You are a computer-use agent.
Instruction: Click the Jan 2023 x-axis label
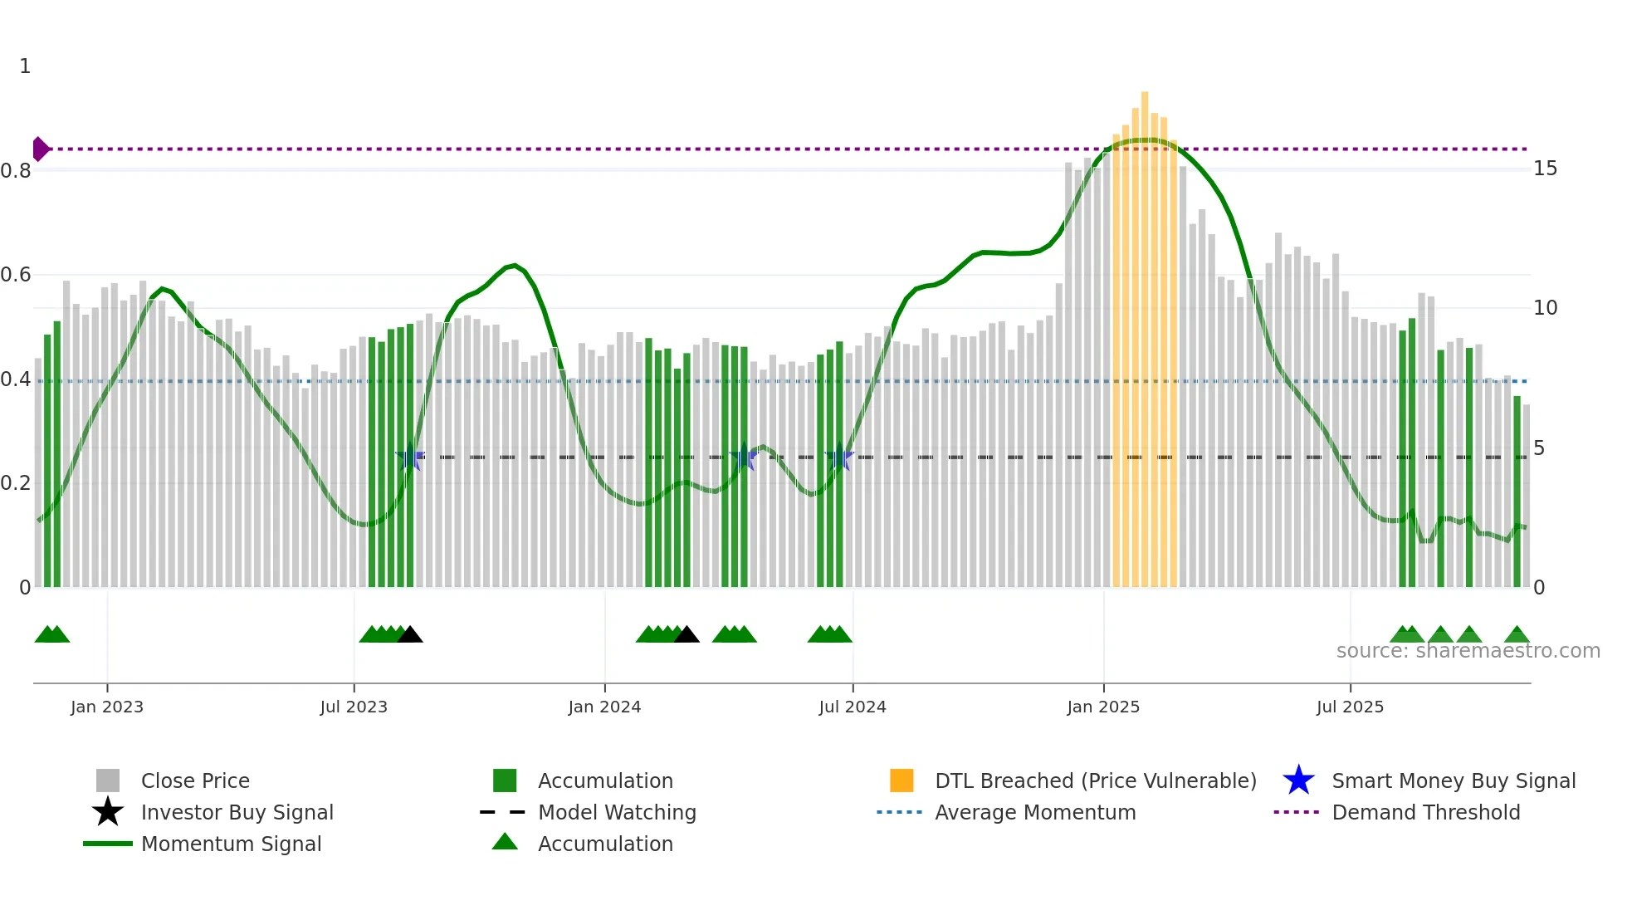107,707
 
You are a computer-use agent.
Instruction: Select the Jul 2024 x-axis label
853,707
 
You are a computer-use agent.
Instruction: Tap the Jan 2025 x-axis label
1103,707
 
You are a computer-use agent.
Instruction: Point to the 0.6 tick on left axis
16,275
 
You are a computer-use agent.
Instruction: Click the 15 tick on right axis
1545,169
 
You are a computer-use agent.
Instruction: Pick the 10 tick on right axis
1545,308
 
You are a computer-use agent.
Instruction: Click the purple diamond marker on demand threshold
40,149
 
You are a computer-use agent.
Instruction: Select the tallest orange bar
1145,332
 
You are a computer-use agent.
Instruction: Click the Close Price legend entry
194,780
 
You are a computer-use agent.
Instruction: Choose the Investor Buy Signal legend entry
237,812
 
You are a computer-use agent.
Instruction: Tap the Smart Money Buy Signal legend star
1298,780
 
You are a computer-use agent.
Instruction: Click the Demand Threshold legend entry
1425,812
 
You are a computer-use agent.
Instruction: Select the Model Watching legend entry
616,812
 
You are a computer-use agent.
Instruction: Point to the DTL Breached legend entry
1095,780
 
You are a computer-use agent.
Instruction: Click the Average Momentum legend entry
1034,812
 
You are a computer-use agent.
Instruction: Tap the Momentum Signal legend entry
231,844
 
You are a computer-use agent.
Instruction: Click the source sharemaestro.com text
1468,651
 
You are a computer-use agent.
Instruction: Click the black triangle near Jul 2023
410,635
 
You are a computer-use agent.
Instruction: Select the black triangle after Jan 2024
686,635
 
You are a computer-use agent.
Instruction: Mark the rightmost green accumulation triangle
1517,635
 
